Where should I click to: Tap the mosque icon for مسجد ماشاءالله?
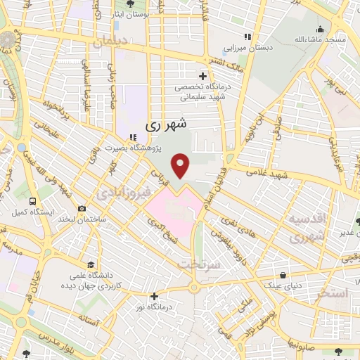pos(320,29)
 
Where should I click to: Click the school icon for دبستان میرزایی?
pos(247,37)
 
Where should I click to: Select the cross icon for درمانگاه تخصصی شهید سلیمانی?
pos(202,76)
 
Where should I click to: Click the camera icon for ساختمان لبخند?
pos(82,209)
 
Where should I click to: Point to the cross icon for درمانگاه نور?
pos(154,296)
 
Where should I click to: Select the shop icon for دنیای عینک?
pos(283,275)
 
